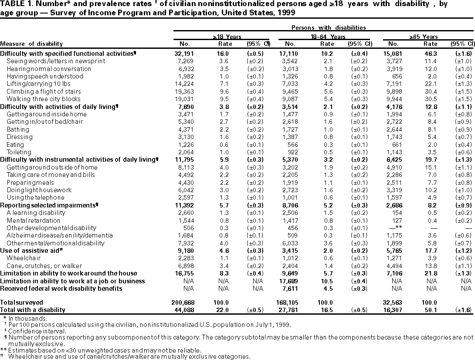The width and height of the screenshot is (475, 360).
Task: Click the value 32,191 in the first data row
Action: point(185,54)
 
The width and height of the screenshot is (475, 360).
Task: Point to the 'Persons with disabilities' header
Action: point(329,27)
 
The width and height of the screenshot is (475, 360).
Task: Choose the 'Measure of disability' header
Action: point(31,44)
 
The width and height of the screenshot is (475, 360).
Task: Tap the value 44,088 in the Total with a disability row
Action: point(185,310)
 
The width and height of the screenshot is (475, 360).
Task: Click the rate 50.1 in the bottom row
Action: point(431,310)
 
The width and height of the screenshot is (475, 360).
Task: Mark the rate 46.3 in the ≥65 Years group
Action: point(431,54)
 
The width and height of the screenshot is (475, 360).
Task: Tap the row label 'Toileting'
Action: point(19,152)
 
